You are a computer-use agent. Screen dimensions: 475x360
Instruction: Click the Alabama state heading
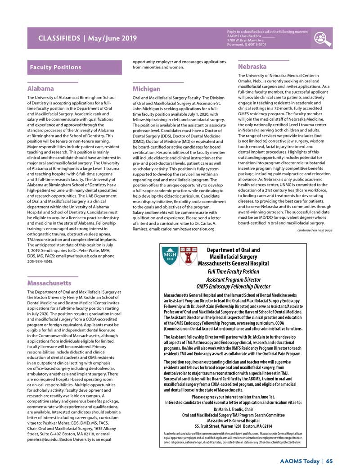pyautogui.click(x=41, y=89)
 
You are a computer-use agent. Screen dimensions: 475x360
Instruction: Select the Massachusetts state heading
pyautogui.click(x=49, y=283)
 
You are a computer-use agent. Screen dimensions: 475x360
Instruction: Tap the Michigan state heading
pyautogui.click(x=147, y=89)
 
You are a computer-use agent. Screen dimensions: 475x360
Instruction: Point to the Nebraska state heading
pyautogui.click(x=252, y=67)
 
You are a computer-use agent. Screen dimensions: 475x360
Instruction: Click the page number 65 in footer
pyautogui.click(x=329, y=461)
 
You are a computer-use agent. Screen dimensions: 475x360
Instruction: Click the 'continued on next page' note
pyautogui.click(x=315, y=230)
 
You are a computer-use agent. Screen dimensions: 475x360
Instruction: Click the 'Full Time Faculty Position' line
pyautogui.click(x=233, y=271)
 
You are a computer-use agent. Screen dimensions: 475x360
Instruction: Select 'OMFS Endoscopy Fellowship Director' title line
pyautogui.click(x=233, y=286)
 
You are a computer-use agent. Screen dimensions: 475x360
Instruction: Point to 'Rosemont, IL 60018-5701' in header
pyautogui.click(x=247, y=45)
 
